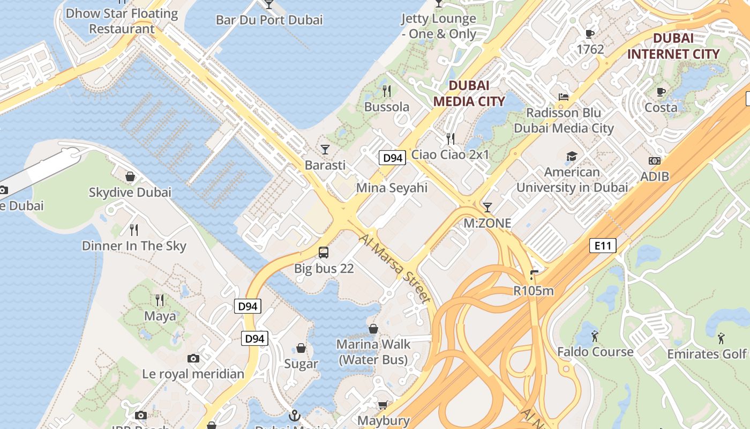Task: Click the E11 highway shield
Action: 603,246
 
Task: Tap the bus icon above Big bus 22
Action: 324,252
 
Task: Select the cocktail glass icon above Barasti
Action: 325,149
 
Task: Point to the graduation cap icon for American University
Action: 572,157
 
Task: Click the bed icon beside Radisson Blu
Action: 564,97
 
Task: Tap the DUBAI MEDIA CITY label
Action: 469,93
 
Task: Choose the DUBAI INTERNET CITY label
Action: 673,46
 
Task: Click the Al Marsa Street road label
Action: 395,268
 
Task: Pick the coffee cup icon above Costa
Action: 661,92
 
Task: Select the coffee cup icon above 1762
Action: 590,34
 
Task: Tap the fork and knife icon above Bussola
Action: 387,91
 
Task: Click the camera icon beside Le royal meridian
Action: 193,358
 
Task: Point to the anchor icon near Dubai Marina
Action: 294,416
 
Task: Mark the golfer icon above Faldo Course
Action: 595,336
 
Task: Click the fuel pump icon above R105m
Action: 533,275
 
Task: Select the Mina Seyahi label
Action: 392,188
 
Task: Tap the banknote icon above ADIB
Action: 655,161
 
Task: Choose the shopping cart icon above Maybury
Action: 382,405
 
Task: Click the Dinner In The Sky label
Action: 134,246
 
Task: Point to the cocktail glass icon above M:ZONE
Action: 487,207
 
